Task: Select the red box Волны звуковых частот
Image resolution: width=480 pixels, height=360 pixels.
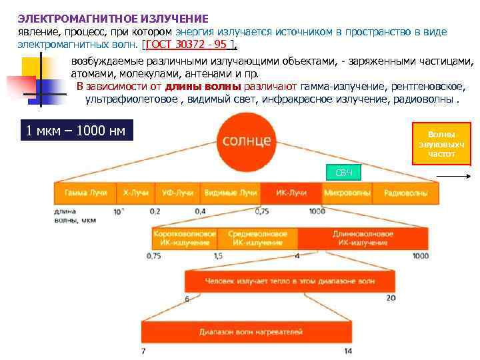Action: (441, 144)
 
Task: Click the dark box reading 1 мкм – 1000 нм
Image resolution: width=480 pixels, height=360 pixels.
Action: (75, 130)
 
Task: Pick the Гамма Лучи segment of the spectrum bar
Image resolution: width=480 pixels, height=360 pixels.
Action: (85, 193)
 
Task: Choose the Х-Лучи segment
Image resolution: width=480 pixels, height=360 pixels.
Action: (136, 193)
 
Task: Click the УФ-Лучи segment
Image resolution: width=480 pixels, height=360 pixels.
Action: (177, 193)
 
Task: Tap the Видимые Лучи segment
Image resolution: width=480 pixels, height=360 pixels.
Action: (230, 193)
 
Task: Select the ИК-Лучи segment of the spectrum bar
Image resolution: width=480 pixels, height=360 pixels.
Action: (291, 193)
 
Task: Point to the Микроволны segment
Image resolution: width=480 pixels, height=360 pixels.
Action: (347, 193)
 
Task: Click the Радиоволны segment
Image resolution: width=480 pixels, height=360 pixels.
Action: (405, 193)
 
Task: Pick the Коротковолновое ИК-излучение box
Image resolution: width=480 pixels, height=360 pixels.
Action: (185, 239)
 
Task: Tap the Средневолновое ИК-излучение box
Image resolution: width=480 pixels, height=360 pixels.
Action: (257, 239)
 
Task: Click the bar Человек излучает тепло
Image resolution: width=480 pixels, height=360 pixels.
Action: (290, 282)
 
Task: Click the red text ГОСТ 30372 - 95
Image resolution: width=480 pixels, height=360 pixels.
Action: (189, 44)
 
